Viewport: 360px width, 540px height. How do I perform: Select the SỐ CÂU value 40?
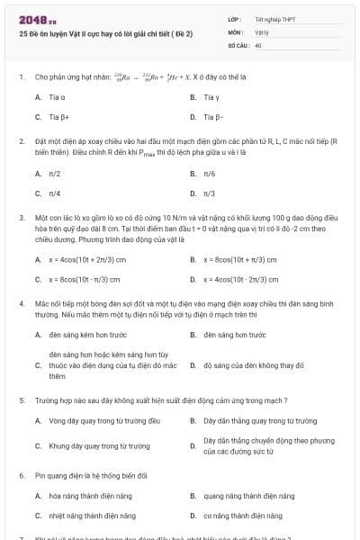point(258,44)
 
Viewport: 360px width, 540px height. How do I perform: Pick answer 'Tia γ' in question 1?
point(211,96)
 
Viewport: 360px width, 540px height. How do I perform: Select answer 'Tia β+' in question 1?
point(58,117)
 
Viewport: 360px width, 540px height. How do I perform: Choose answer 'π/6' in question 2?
point(210,173)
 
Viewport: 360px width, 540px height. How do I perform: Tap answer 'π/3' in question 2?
point(210,193)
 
